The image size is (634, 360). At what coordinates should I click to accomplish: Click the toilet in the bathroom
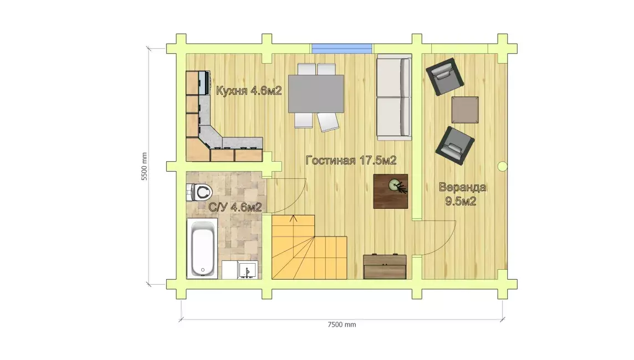[200, 192]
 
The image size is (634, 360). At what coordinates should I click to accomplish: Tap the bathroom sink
[248, 270]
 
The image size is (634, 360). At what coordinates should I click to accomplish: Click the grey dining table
[316, 94]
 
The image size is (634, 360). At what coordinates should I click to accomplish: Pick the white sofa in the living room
[394, 97]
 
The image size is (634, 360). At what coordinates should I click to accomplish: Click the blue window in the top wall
[342, 49]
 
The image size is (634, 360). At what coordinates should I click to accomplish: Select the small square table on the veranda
[465, 110]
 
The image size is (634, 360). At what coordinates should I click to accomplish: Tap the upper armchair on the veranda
[444, 76]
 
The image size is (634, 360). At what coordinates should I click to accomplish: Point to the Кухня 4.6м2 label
[249, 90]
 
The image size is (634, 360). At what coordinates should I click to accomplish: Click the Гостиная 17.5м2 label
[351, 161]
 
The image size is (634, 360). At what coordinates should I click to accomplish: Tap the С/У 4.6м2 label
[235, 207]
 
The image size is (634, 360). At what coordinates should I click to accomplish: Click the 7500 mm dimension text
[342, 325]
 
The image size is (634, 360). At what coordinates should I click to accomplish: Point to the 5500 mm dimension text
[144, 167]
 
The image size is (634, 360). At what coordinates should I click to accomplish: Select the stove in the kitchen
[204, 83]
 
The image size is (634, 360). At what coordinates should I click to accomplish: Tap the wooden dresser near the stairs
[385, 266]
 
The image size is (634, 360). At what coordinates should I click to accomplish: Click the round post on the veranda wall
[502, 166]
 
